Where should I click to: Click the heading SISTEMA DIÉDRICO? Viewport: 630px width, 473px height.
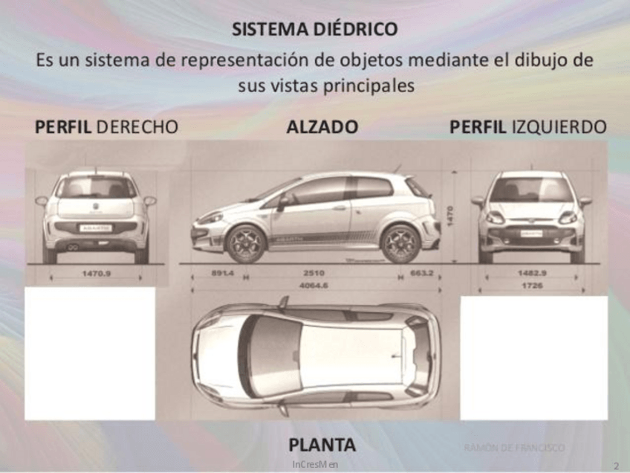pyautogui.click(x=314, y=29)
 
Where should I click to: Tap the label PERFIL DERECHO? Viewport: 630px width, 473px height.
pyautogui.click(x=106, y=127)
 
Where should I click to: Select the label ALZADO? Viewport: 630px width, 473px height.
pyautogui.click(x=322, y=127)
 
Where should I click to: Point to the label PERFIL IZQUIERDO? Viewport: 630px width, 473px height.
pyautogui.click(x=527, y=127)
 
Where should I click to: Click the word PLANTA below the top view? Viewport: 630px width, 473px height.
pyautogui.click(x=322, y=445)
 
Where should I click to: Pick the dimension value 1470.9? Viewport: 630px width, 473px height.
pyautogui.click(x=96, y=274)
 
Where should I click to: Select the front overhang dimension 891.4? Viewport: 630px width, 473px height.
pyautogui.click(x=222, y=274)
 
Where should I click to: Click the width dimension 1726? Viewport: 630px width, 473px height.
pyautogui.click(x=530, y=285)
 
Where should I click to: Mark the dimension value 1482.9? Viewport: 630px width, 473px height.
pyautogui.click(x=530, y=274)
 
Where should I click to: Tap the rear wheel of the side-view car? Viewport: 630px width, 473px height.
pyautogui.click(x=400, y=242)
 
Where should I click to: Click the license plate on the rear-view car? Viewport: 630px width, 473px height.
pyautogui.click(x=96, y=228)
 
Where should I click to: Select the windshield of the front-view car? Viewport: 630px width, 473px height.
pyautogui.click(x=530, y=190)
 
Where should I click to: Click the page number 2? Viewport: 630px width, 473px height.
pyautogui.click(x=616, y=466)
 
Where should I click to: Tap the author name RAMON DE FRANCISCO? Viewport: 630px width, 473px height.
pyautogui.click(x=514, y=448)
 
